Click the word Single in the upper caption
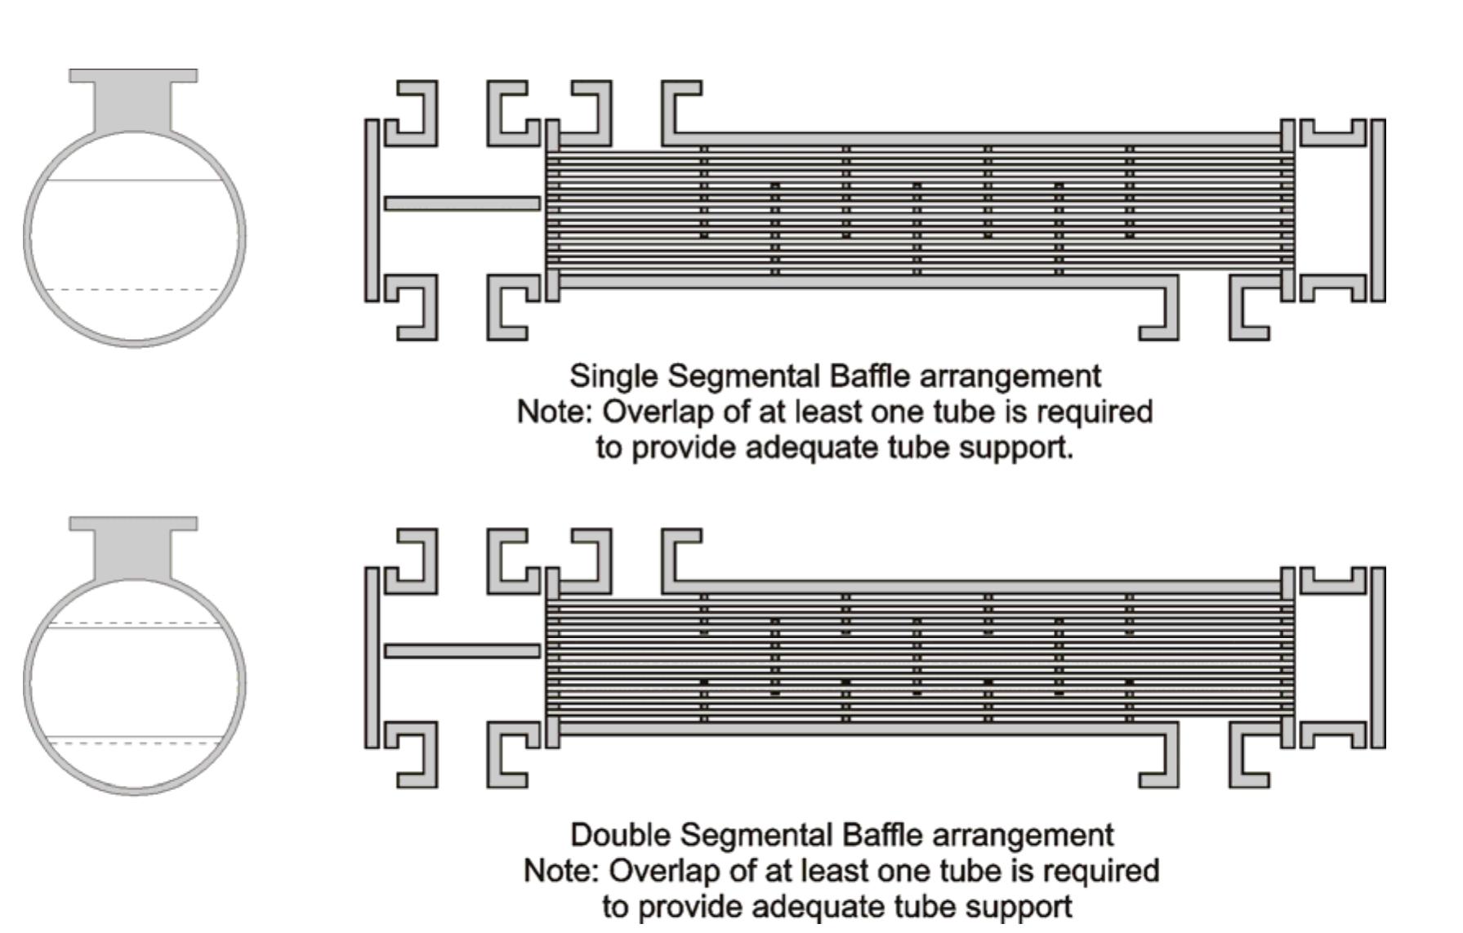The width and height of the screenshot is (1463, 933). [614, 377]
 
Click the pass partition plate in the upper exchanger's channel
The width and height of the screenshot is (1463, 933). [462, 203]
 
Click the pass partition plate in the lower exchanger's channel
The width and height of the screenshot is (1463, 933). [462, 651]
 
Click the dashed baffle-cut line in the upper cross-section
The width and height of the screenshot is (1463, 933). [134, 290]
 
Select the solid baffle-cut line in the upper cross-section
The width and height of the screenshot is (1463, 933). [134, 180]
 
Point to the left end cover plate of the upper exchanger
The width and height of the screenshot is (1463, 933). [372, 210]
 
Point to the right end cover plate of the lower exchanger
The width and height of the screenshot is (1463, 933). [1378, 657]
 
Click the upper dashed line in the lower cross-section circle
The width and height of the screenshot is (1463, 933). [134, 623]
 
